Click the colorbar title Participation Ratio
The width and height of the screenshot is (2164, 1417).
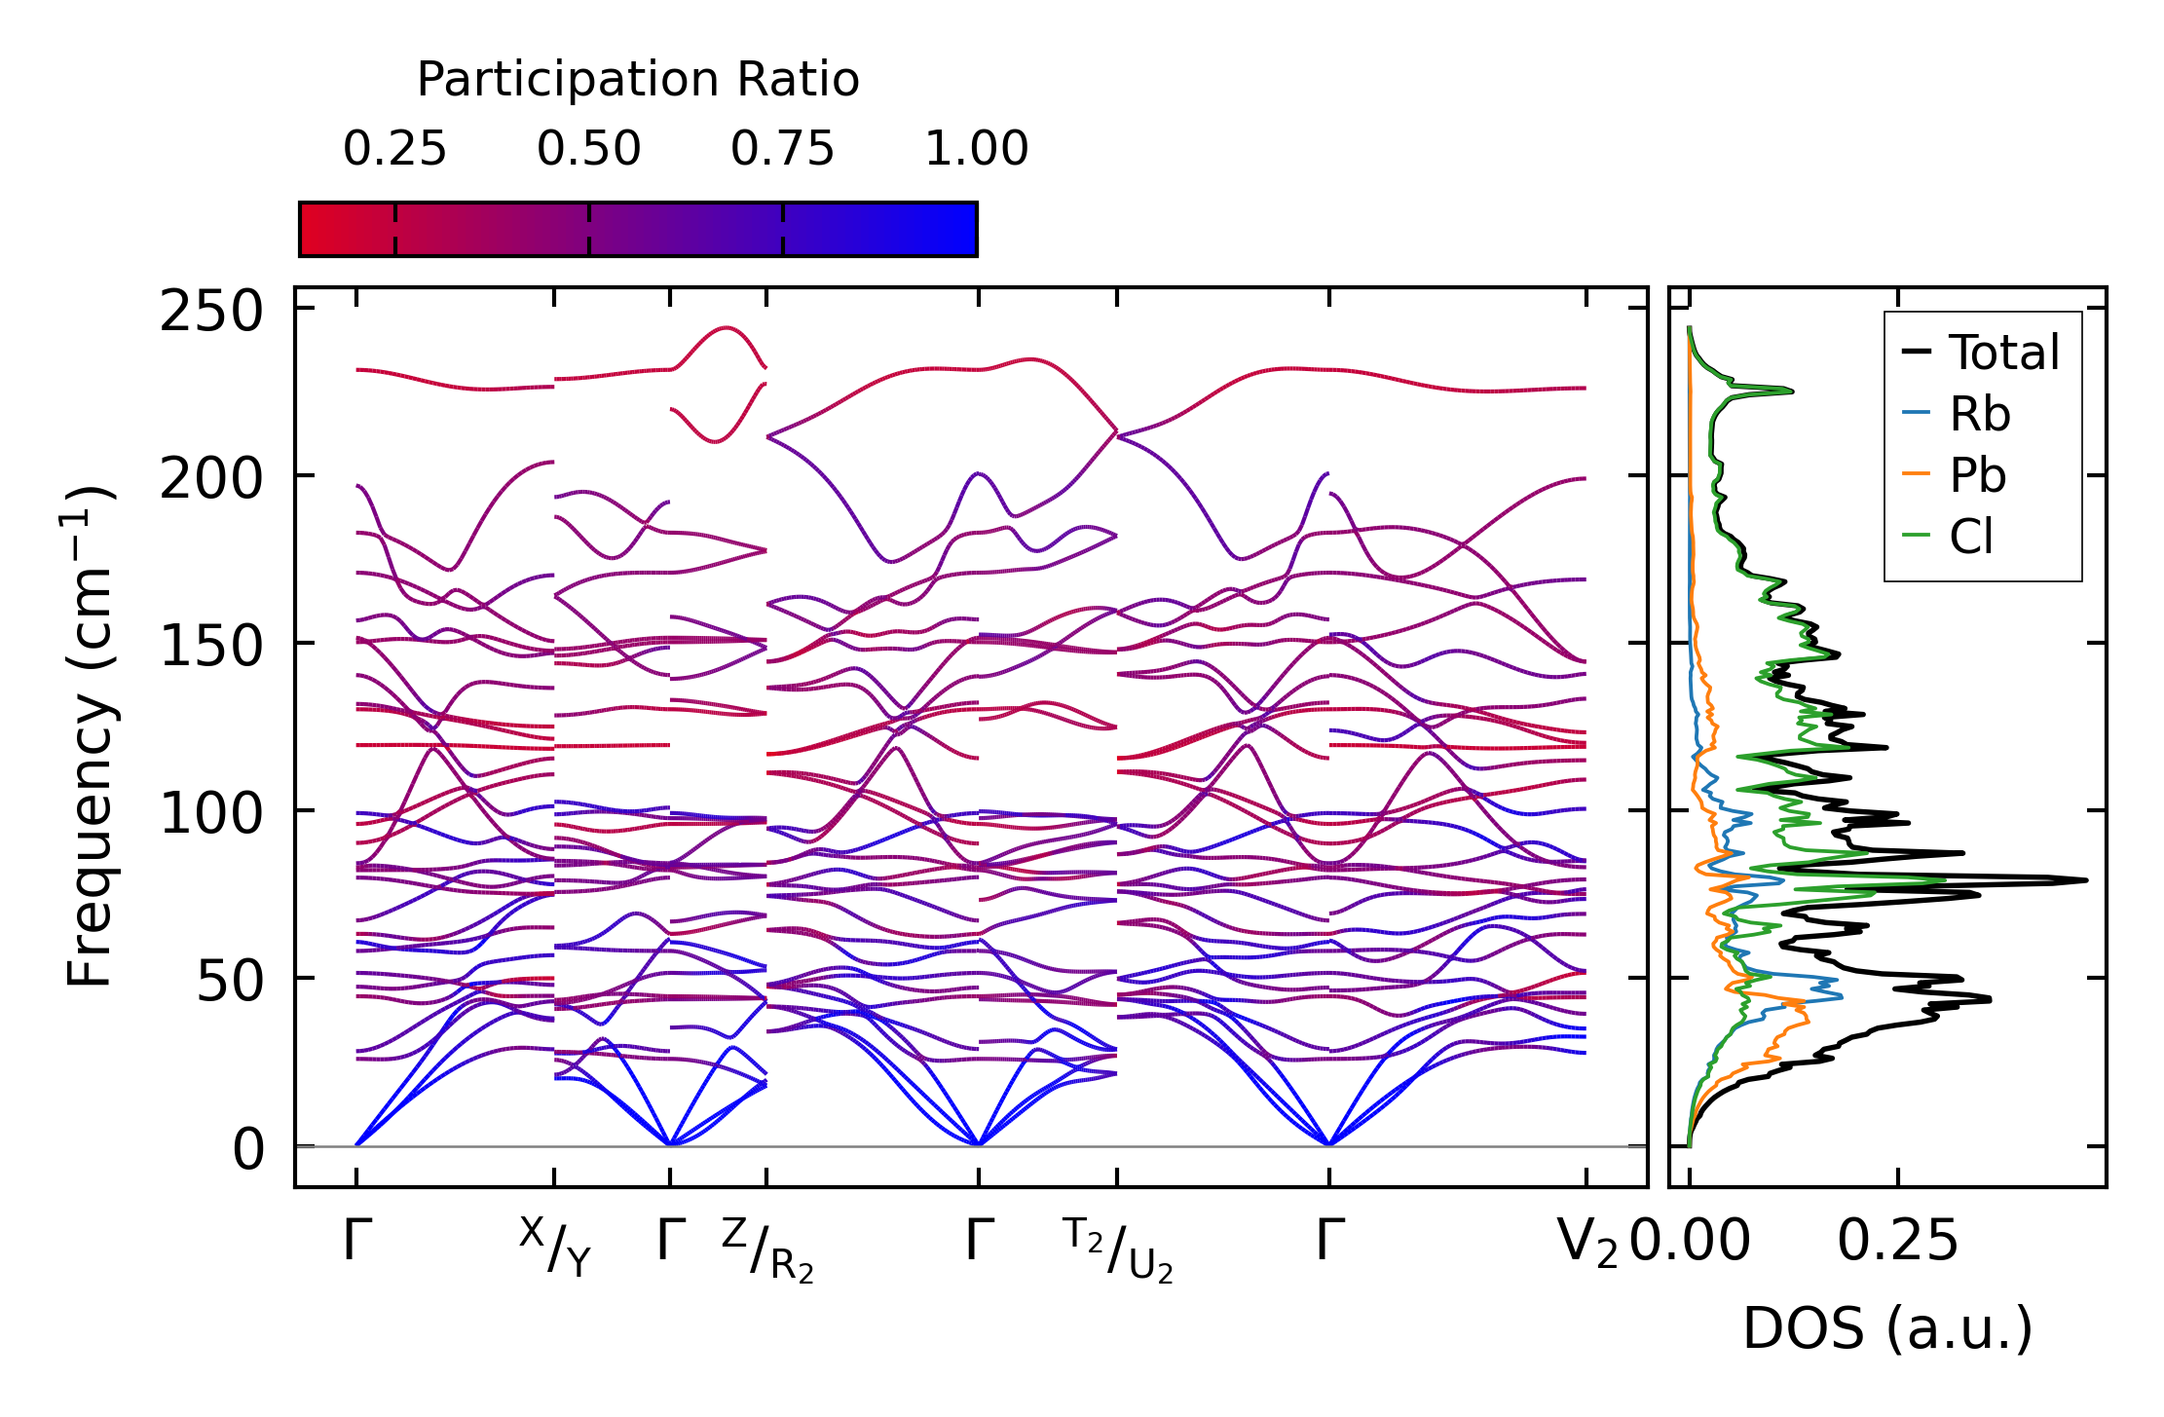638,80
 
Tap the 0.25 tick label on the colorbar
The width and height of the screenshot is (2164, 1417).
394,149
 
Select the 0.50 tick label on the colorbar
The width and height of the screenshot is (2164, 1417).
588,149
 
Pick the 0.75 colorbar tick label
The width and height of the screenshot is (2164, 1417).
782,149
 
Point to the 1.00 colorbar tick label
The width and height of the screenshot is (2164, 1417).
976,149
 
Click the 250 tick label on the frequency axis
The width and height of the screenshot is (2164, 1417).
211,313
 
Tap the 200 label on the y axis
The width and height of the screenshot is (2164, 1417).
211,479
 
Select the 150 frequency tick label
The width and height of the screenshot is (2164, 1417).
211,647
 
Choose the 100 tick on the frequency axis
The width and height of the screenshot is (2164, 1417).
211,814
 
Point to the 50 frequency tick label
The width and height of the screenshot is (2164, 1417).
230,982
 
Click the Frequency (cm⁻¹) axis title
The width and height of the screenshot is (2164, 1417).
90,736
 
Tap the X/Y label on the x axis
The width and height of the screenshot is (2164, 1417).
555,1247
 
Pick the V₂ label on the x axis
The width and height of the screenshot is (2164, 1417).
1586,1244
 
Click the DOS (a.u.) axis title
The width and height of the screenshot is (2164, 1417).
1887,1329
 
